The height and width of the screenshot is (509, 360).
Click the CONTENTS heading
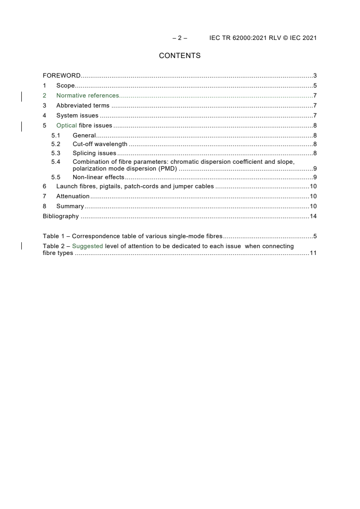tap(180, 56)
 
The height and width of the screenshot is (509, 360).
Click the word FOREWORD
tap(62, 75)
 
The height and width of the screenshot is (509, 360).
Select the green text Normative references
tap(88, 95)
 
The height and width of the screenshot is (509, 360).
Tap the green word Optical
tap(67, 125)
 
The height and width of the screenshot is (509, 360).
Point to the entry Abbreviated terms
tap(83, 105)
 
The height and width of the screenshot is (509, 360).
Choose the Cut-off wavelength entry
tap(100, 144)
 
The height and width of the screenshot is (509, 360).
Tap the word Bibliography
tap(61, 216)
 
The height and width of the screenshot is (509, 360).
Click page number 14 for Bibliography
tap(313, 216)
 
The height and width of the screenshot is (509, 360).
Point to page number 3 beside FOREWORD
tap(315, 75)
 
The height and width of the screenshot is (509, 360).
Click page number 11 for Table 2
tap(313, 253)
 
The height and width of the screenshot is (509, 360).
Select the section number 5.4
tap(55, 162)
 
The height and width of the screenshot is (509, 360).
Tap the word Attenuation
tap(73, 196)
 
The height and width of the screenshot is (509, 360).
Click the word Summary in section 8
tap(70, 206)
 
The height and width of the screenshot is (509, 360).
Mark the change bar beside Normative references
tap(22, 95)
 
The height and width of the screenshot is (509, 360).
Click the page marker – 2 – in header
tap(180, 38)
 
